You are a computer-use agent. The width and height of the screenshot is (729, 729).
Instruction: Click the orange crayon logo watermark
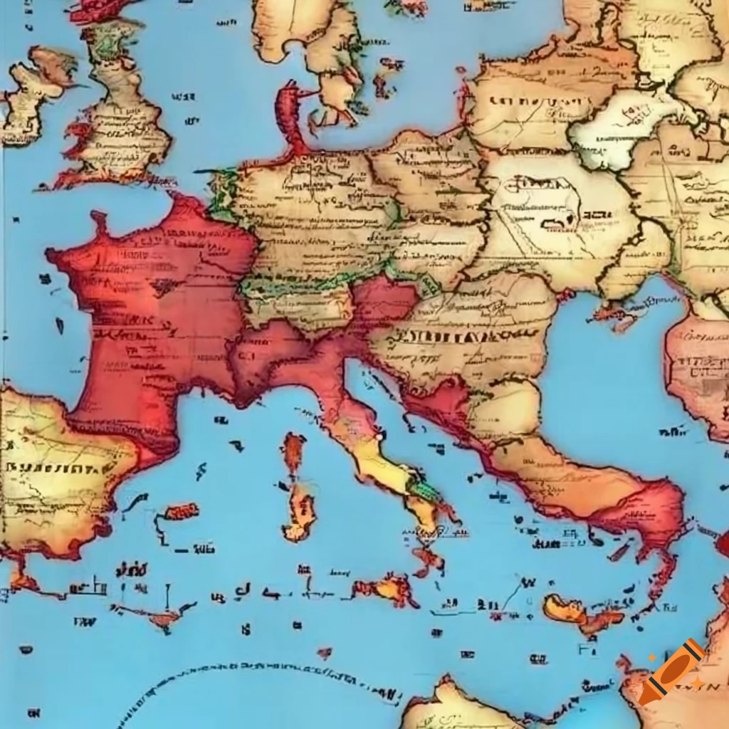click(x=673, y=671)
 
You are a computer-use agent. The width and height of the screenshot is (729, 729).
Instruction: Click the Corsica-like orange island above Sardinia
click(x=293, y=453)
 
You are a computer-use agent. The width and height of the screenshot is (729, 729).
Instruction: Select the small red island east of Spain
click(x=181, y=511)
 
